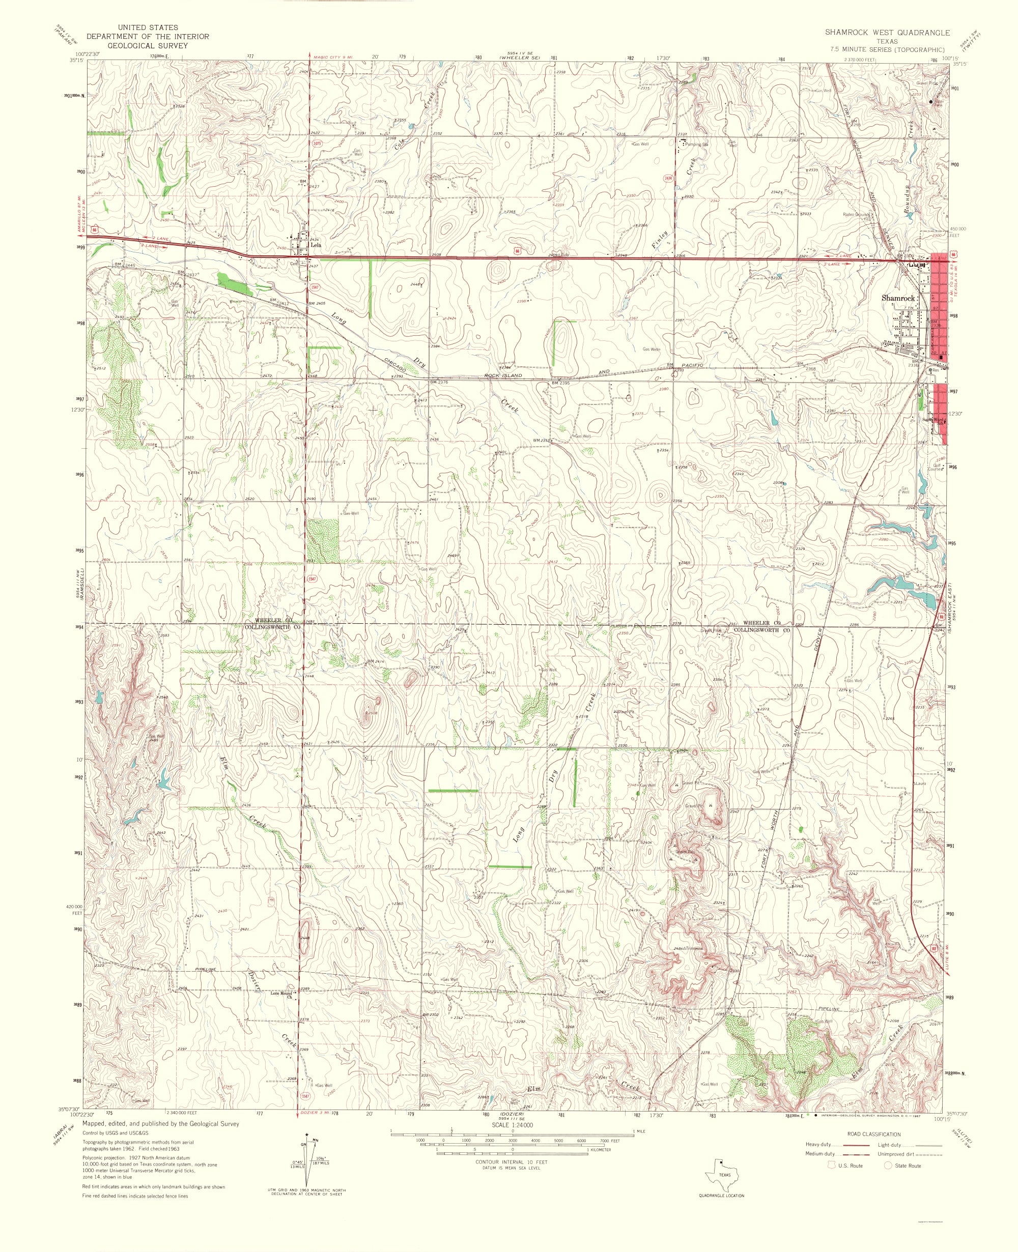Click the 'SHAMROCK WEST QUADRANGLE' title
[887, 34]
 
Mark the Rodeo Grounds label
[856, 215]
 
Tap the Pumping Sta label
[696, 144]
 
